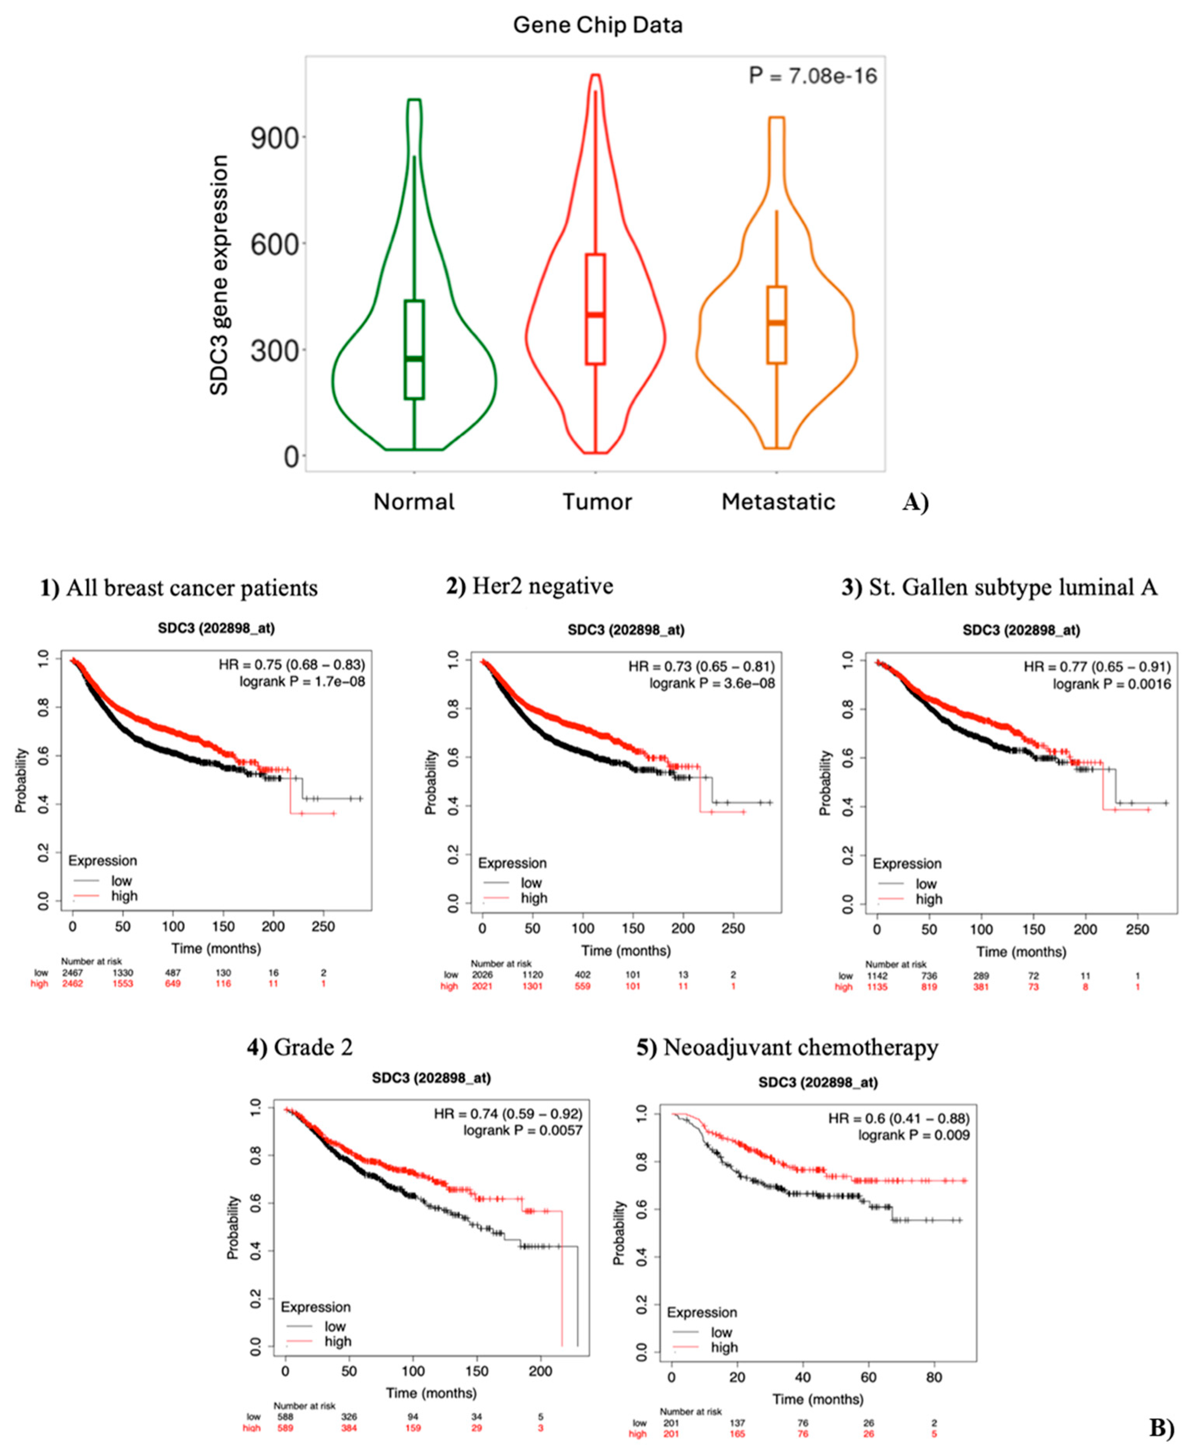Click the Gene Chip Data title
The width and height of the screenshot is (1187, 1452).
pyautogui.click(x=598, y=25)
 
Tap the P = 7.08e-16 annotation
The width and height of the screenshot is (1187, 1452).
pyautogui.click(x=812, y=76)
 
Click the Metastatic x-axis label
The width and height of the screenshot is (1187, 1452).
pyautogui.click(x=778, y=502)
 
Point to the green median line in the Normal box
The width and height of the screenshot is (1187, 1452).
pyautogui.click(x=414, y=358)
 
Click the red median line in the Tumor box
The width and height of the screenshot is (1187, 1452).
pyautogui.click(x=596, y=314)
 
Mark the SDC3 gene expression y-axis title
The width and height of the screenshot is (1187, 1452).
pyautogui.click(x=219, y=275)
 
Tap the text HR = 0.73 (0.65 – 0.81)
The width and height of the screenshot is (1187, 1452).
pyautogui.click(x=702, y=666)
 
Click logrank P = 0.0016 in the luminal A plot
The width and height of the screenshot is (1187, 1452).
pyautogui.click(x=1111, y=684)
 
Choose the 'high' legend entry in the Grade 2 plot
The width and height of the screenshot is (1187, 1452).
pyautogui.click(x=338, y=1342)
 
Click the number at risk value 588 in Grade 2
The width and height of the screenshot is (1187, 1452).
pyautogui.click(x=285, y=1416)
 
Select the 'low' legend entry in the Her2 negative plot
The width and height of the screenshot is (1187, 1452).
pyautogui.click(x=531, y=883)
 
